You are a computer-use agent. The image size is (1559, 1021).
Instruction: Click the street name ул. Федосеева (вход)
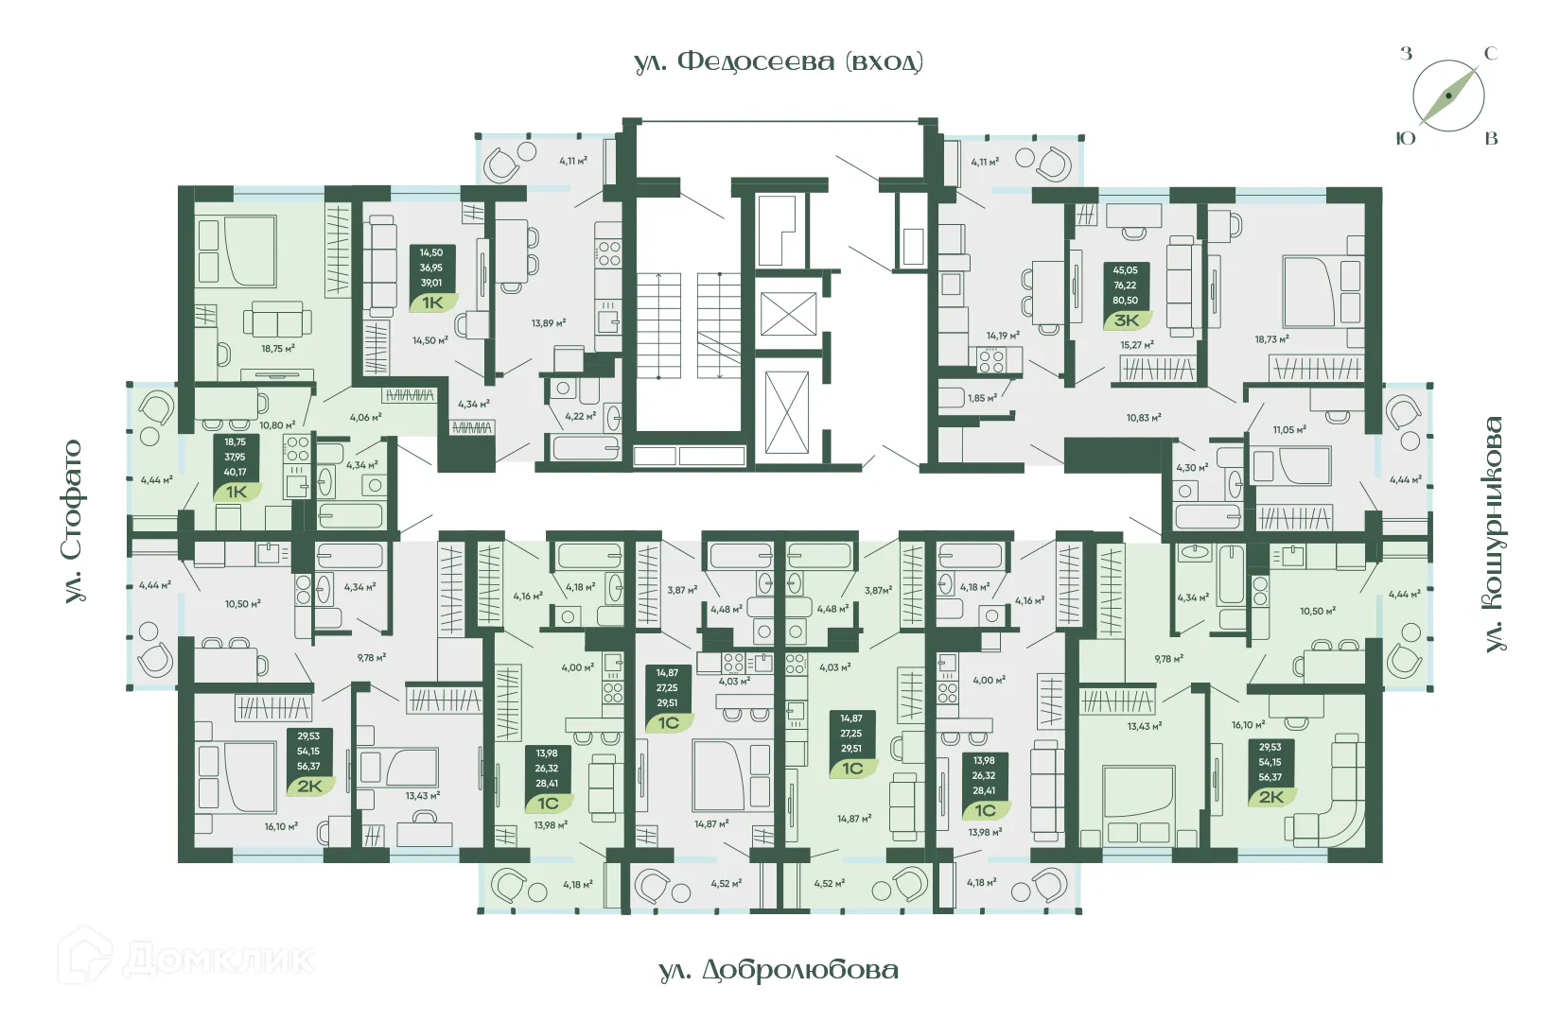click(778, 62)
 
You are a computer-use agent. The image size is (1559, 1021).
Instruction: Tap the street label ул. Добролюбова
click(778, 970)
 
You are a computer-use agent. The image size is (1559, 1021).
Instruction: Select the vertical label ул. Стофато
click(73, 521)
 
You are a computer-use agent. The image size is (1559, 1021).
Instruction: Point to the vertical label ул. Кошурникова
click(1493, 534)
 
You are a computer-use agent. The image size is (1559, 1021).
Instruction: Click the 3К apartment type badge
click(1126, 320)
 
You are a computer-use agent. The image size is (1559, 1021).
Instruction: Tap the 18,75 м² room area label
click(278, 349)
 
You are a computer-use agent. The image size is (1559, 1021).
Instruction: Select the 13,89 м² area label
click(549, 323)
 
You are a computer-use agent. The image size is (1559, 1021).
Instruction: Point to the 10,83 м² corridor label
click(1144, 417)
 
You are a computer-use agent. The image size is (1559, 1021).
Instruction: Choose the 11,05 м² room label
click(1289, 429)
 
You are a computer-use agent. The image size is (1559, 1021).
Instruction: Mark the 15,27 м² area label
click(1137, 345)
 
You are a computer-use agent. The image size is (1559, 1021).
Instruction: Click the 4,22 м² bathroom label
click(580, 416)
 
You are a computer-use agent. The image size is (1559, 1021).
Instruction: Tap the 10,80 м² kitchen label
click(277, 425)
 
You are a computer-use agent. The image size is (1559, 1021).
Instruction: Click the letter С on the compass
click(1490, 54)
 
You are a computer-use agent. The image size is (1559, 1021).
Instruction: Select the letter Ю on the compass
click(1407, 139)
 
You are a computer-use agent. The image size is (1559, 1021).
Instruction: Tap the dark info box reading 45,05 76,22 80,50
click(1125, 286)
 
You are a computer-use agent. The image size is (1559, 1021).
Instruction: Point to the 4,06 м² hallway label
click(365, 417)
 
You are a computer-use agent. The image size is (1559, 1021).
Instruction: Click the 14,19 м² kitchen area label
click(1003, 336)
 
